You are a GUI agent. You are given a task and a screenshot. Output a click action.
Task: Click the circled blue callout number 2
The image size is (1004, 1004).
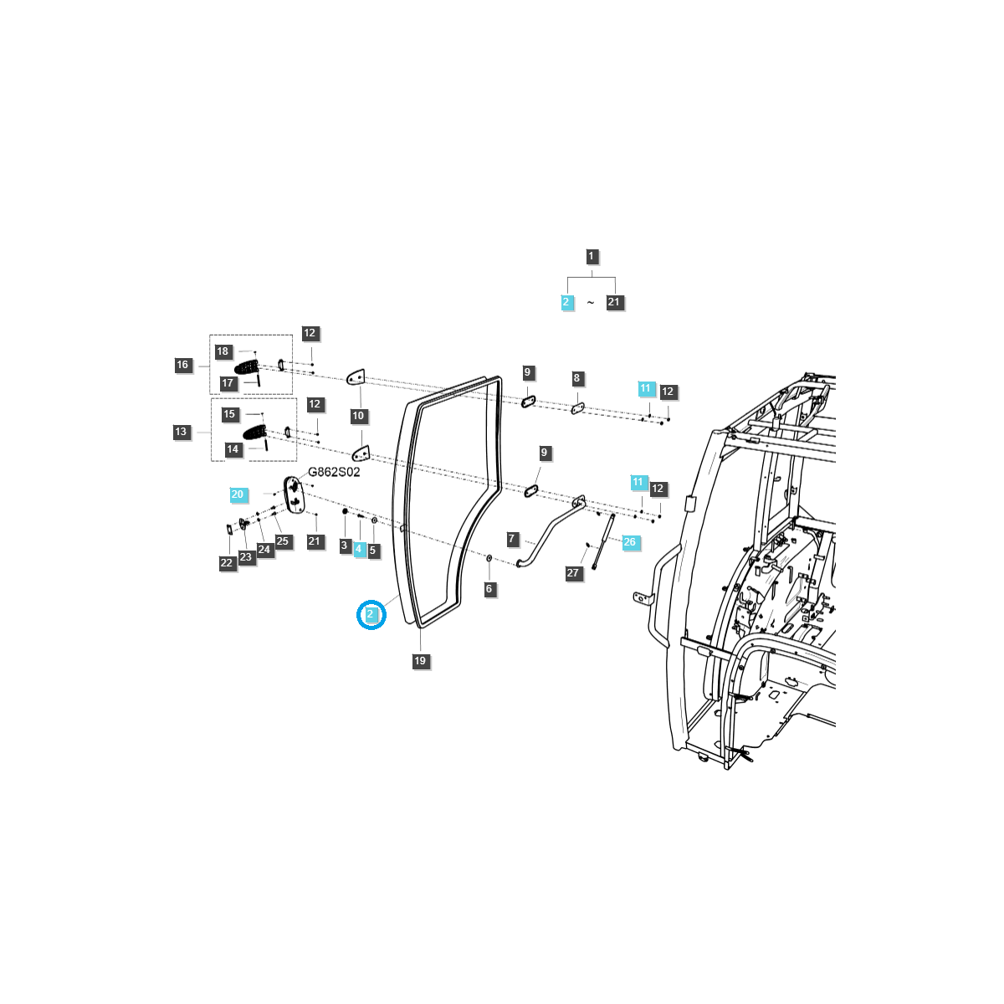click(x=371, y=615)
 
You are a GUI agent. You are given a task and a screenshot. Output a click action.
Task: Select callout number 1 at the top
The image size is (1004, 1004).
click(x=592, y=257)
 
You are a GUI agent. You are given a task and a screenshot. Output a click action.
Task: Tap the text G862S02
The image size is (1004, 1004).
click(x=334, y=472)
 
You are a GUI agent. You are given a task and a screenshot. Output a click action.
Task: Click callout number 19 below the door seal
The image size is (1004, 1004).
click(x=420, y=661)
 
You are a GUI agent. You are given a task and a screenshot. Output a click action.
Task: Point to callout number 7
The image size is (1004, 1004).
click(x=512, y=539)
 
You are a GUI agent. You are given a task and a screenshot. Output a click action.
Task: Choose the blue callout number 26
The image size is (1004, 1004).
click(x=630, y=542)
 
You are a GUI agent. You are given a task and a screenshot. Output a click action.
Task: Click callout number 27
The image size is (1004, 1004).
click(x=573, y=573)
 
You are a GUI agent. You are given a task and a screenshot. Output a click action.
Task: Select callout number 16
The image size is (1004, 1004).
click(x=182, y=365)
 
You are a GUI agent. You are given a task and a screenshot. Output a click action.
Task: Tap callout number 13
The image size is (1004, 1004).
click(x=181, y=432)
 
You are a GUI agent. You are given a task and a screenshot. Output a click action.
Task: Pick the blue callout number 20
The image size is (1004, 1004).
click(x=238, y=494)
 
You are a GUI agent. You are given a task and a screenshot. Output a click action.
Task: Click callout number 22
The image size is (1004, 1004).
click(x=227, y=563)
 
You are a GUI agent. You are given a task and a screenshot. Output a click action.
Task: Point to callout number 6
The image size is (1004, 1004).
click(x=489, y=589)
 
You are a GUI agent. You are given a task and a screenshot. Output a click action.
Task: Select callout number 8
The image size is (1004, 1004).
click(x=576, y=378)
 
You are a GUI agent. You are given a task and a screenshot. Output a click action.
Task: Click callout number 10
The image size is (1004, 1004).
click(x=358, y=416)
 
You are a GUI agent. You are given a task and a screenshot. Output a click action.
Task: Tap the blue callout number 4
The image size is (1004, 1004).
click(x=359, y=549)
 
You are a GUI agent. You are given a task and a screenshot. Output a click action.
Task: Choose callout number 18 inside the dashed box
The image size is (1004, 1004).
click(x=223, y=351)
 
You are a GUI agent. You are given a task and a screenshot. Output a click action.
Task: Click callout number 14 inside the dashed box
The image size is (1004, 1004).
click(x=233, y=449)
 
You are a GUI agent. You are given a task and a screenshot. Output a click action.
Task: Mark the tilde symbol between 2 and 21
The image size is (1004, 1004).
click(x=590, y=303)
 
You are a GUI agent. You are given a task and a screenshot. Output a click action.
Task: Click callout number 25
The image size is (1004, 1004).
click(x=283, y=541)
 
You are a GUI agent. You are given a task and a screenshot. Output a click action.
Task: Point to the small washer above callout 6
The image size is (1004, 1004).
click(x=489, y=558)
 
